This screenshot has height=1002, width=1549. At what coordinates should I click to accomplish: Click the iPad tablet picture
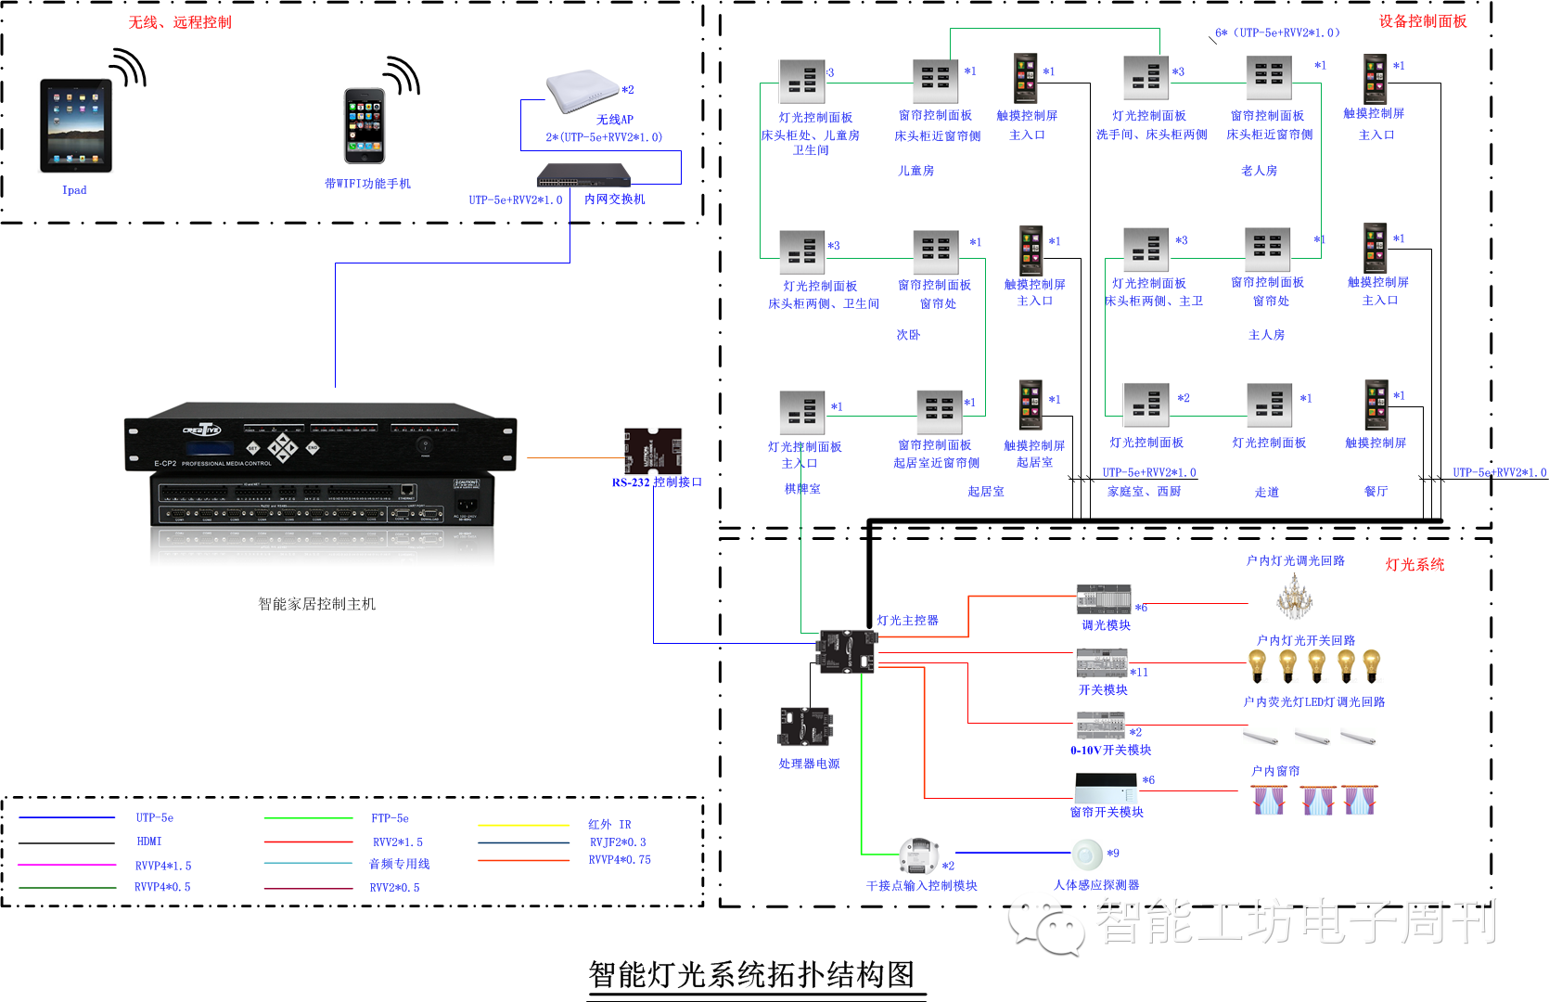(75, 125)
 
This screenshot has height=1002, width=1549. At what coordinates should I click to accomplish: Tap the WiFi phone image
(365, 126)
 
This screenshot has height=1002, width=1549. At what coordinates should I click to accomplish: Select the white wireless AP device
(582, 90)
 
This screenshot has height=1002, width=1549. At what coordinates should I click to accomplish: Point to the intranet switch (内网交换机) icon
(584, 173)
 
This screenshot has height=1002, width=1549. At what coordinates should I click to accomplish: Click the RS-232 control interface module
(653, 450)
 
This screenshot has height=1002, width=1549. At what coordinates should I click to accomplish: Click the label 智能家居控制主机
(316, 604)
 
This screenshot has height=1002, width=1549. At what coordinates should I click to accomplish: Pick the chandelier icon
(1293, 597)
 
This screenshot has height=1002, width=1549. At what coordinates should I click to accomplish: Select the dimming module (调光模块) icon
(1103, 599)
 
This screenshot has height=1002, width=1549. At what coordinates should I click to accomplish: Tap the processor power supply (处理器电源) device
(805, 726)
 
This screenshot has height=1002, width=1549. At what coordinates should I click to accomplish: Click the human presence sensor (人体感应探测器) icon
(1087, 854)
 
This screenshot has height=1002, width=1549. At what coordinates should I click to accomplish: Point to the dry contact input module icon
(919, 855)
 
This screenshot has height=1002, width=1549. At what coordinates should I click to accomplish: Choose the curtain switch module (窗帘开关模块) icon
(1106, 789)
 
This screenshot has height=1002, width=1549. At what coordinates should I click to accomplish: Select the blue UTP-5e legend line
(67, 817)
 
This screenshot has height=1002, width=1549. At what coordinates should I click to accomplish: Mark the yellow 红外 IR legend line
(523, 825)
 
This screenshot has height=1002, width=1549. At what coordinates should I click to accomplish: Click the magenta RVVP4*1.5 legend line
(67, 865)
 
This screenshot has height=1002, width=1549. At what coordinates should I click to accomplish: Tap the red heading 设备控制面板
(1422, 21)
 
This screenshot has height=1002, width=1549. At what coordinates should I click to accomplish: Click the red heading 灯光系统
(1415, 564)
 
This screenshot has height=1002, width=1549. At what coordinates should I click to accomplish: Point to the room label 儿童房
(915, 171)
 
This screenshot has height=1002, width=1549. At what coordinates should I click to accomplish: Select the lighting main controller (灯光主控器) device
(847, 650)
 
